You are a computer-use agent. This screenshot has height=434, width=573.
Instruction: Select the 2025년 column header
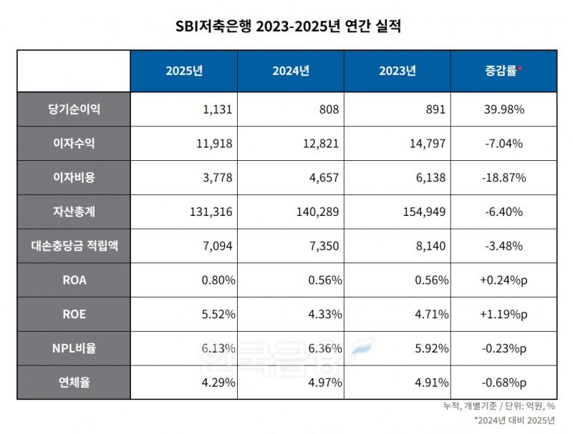184,71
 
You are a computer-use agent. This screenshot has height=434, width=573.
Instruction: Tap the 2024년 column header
290,71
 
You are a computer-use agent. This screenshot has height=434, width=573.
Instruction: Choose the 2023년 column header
397,71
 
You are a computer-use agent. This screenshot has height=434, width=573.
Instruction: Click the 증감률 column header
502,71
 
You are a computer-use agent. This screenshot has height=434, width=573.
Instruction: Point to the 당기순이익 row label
73,109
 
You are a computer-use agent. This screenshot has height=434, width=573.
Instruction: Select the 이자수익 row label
73,144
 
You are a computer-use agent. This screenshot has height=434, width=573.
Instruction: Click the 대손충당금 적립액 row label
73,245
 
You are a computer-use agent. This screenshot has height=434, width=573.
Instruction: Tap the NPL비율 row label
73,348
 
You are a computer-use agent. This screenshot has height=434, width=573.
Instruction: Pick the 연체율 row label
73,382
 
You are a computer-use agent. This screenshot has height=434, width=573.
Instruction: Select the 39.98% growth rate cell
502,110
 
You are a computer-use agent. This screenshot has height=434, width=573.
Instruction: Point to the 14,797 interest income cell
429,144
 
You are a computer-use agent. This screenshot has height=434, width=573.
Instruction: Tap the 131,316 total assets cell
212,212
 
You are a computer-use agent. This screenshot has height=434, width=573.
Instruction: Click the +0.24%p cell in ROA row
502,280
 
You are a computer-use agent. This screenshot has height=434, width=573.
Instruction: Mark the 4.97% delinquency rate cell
324,382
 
